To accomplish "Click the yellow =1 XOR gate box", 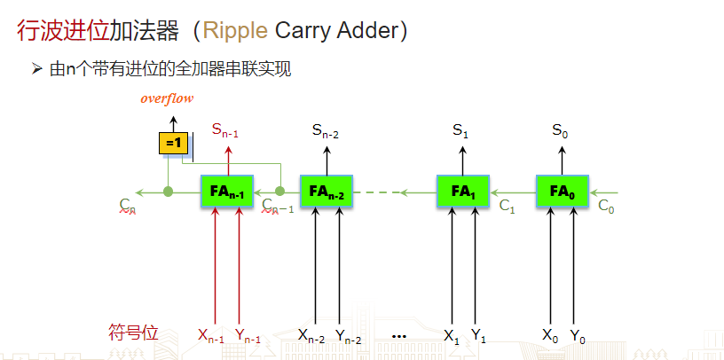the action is click(x=173, y=143).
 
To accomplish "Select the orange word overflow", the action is click(x=167, y=98).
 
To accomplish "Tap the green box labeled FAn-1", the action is click(x=227, y=191).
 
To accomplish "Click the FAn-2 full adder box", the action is click(x=327, y=191).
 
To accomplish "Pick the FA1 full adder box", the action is click(x=463, y=191).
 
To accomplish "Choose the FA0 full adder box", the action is click(x=562, y=191).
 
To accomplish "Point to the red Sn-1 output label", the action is click(x=225, y=129).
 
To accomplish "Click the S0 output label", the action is click(x=560, y=130).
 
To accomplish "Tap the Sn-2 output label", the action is click(x=326, y=130).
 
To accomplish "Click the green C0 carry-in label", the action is click(x=606, y=207).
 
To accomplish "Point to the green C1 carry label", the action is click(x=507, y=207).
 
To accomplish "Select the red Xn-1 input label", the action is click(x=211, y=336).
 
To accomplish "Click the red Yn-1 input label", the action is click(x=248, y=336).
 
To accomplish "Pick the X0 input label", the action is click(x=550, y=336).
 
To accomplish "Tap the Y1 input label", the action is click(x=478, y=336).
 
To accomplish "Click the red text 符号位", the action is click(x=133, y=333).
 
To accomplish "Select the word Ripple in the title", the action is click(x=235, y=31).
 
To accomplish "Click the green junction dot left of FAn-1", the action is click(x=168, y=191).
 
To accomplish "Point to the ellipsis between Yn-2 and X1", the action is click(x=398, y=336).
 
